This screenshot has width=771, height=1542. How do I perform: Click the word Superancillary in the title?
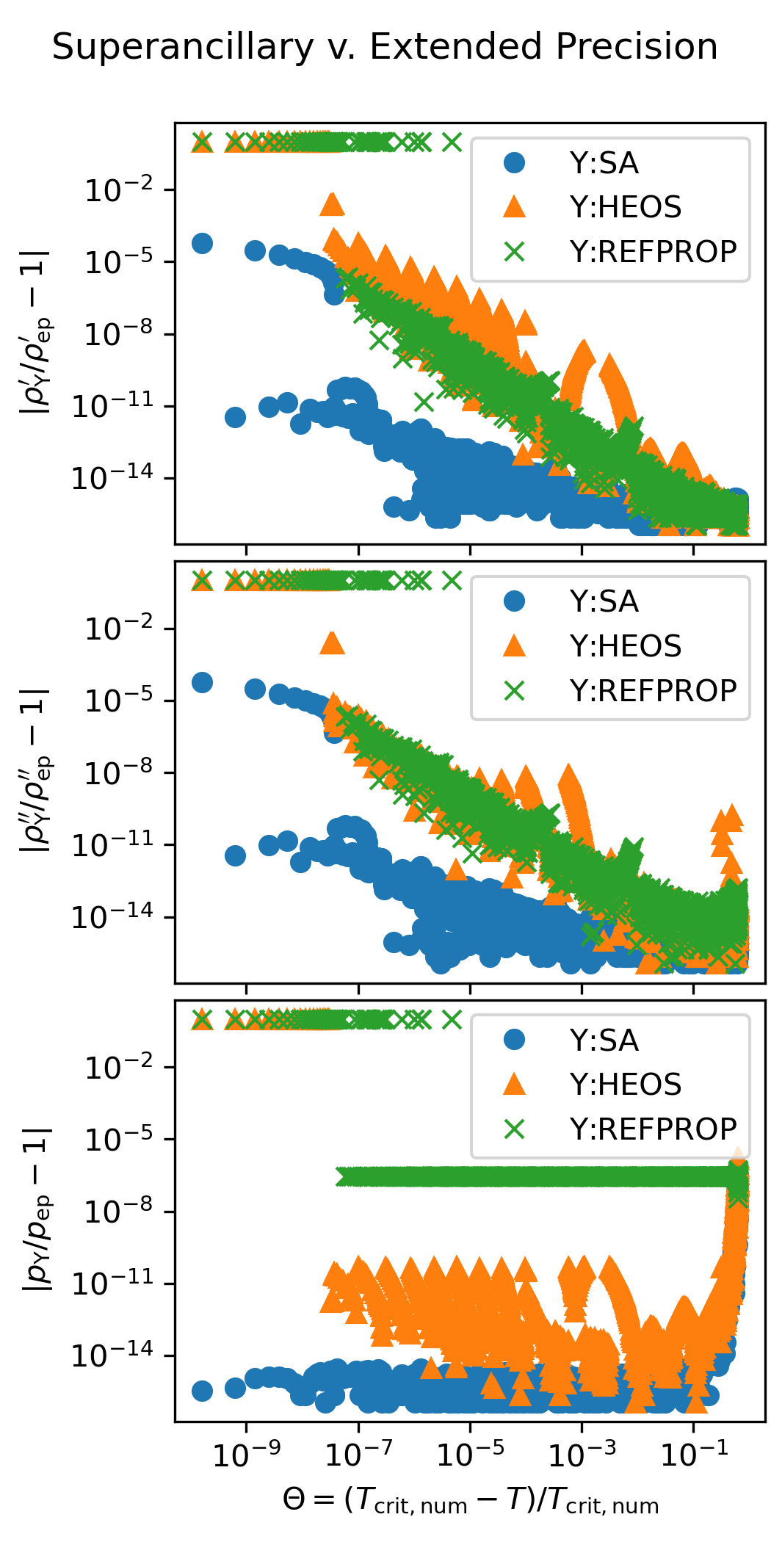183,48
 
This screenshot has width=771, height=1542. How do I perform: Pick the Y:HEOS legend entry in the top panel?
625,207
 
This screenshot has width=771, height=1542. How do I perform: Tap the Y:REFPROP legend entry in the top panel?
653,252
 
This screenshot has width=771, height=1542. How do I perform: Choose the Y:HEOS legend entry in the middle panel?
625,646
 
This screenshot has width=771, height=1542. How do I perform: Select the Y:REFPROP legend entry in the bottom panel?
653,1129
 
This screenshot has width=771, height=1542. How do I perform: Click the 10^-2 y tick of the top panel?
120,191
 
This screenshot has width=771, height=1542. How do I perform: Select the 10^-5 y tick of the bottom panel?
120,1139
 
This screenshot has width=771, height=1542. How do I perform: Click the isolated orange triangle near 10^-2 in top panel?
332,204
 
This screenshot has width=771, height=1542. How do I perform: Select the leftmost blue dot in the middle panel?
202,682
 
